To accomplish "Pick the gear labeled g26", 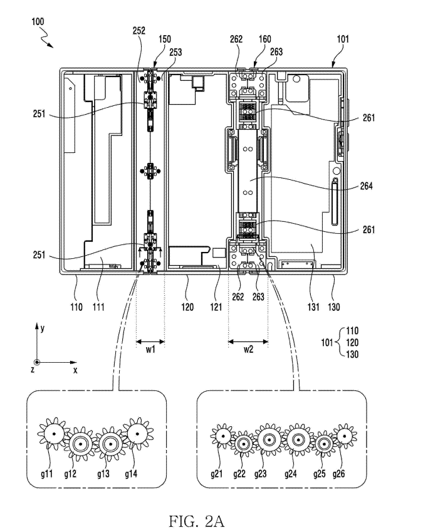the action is coord(344,436).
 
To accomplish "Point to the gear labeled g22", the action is coord(244,444).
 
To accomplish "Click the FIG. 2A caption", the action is coord(197,521).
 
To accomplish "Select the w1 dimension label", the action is coord(150,350).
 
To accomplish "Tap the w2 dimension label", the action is coord(248,350).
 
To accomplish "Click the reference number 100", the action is coord(38,22).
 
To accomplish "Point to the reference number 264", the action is coord(367,186).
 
